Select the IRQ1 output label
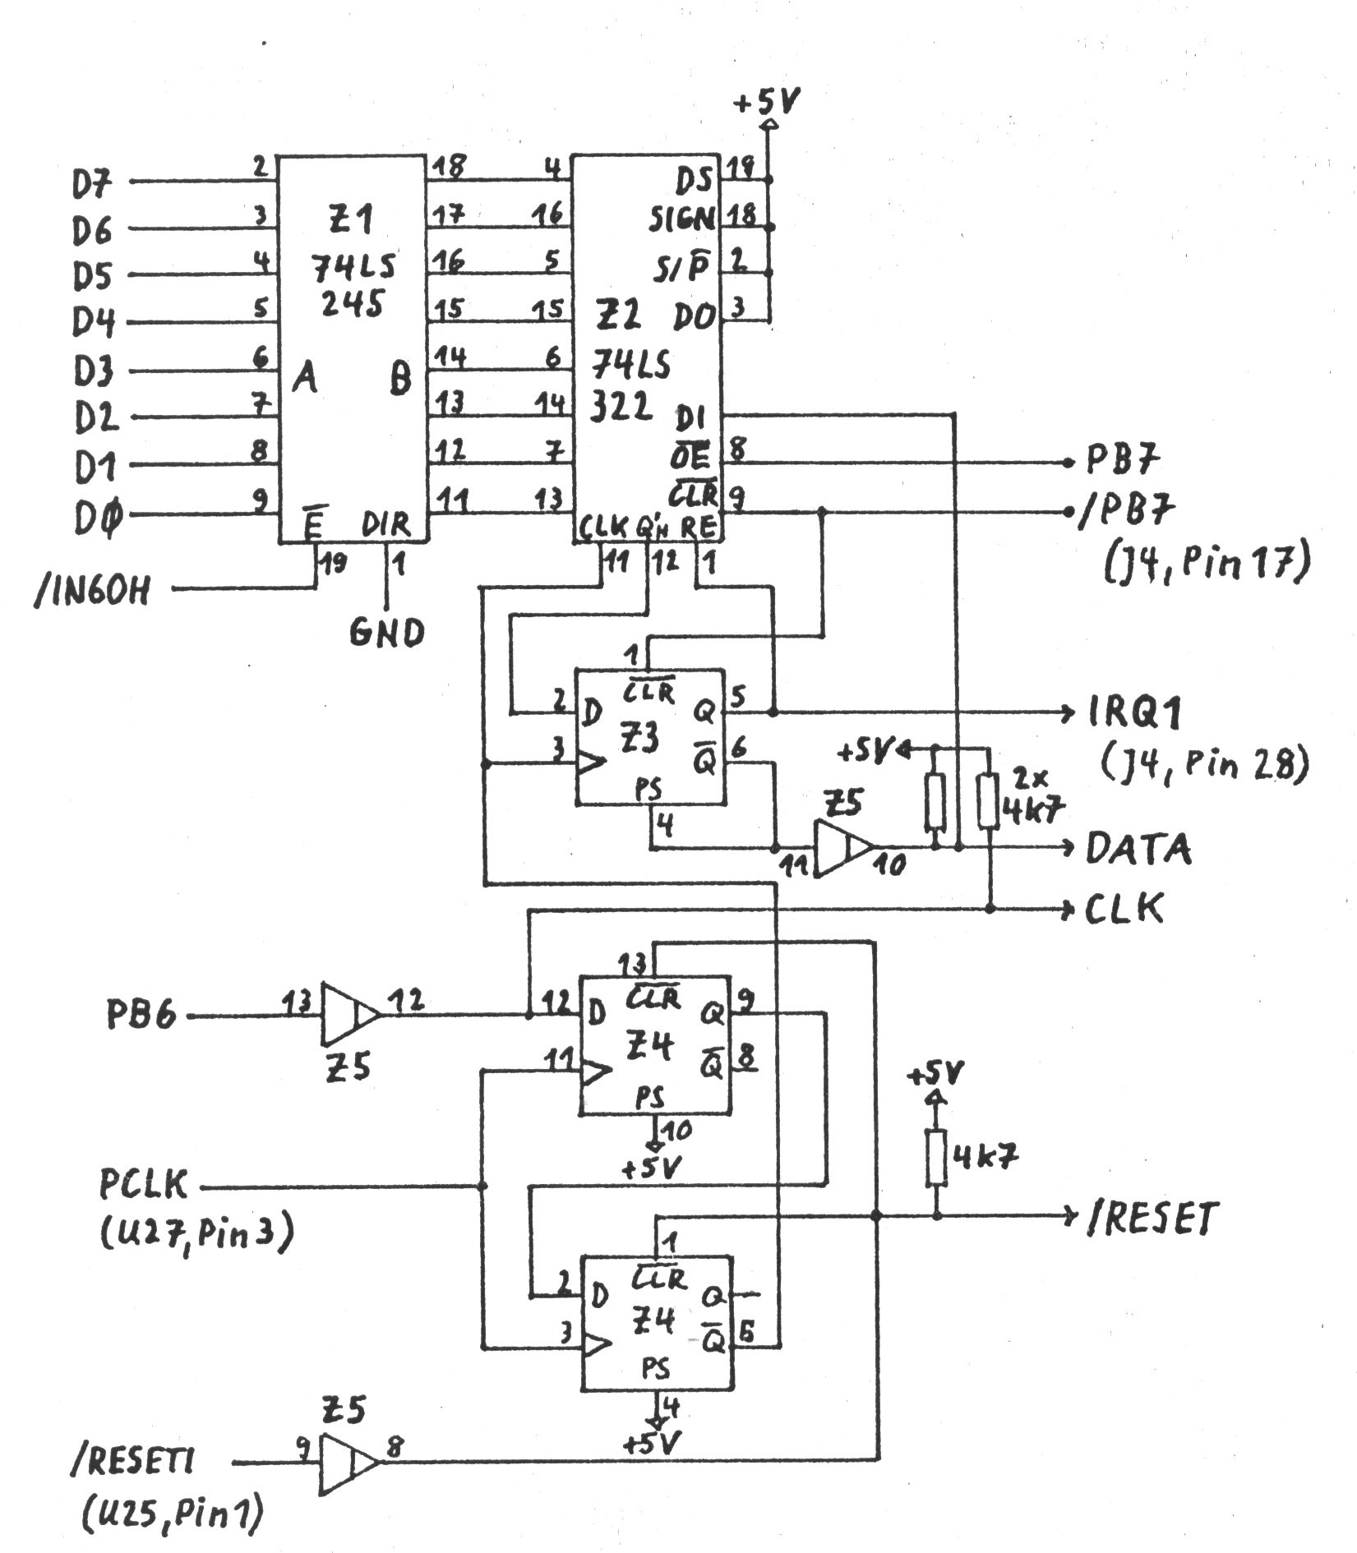click(1134, 713)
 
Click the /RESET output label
click(1151, 1219)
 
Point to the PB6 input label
click(141, 1016)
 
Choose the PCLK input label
click(144, 1185)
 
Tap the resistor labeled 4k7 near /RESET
click(936, 1158)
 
